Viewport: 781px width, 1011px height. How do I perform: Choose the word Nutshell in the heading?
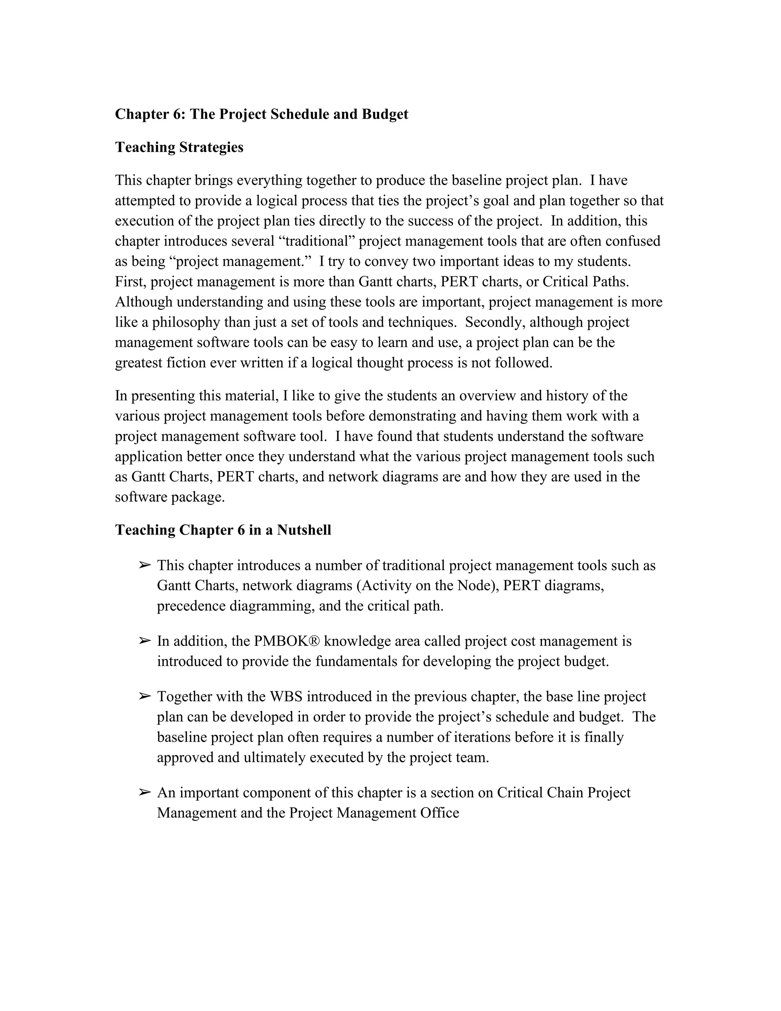pos(304,530)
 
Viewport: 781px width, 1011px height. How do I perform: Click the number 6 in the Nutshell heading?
pos(241,530)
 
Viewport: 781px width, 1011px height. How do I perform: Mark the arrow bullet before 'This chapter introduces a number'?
pos(145,565)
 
